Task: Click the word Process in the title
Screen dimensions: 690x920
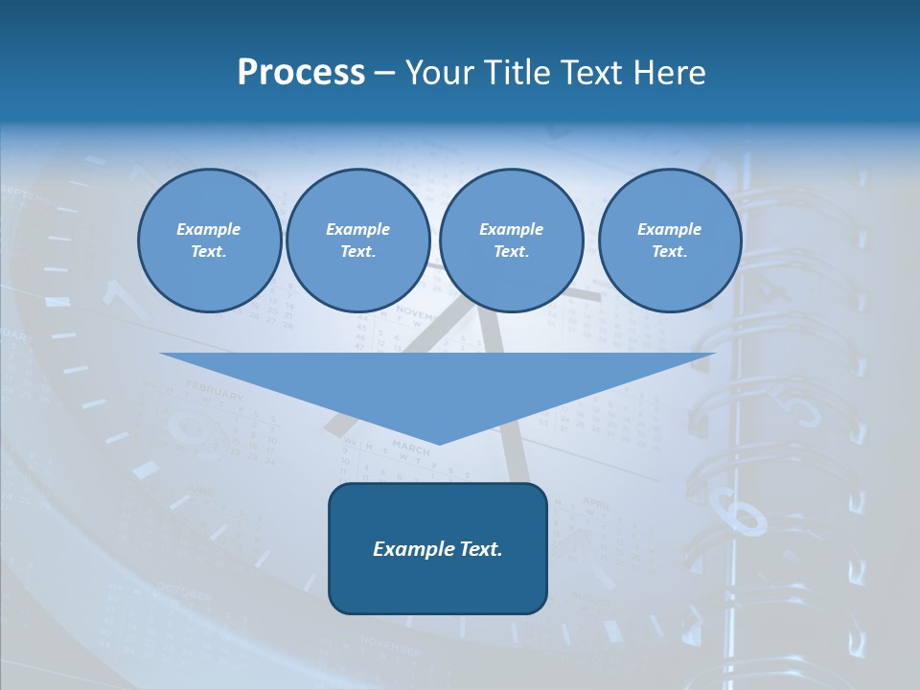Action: pos(301,73)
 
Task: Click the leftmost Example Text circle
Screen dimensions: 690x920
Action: pos(210,241)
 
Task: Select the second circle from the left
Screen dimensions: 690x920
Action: pos(358,241)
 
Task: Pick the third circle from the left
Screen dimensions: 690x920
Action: pos(512,241)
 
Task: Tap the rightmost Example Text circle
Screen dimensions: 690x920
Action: pos(670,241)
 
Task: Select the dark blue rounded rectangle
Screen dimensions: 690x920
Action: pos(438,548)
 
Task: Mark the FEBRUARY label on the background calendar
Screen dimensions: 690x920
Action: pos(215,390)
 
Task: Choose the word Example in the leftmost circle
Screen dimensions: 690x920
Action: pos(209,229)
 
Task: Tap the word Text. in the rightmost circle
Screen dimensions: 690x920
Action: pos(670,252)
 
